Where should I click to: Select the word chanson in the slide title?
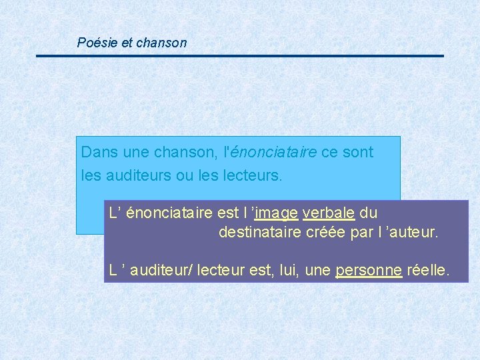tap(161, 43)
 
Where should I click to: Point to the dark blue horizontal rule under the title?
tap(240, 56)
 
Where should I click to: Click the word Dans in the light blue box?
tap(95, 152)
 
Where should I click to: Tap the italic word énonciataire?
tap(273, 152)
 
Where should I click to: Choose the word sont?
tap(358, 152)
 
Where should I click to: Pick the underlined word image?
tap(276, 213)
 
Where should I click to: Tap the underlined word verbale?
tap(329, 213)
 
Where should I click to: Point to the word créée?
tap(328, 233)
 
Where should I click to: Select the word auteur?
tap(414, 233)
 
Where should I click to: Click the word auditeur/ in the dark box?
tap(161, 271)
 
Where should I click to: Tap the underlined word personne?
tap(369, 271)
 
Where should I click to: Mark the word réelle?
tap(429, 271)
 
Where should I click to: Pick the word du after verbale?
tap(369, 213)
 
